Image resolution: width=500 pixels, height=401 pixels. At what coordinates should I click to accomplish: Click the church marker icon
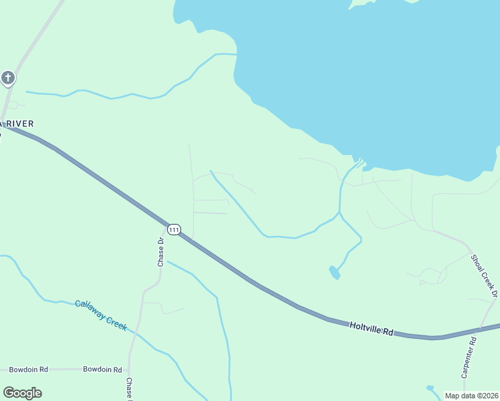pyautogui.click(x=8, y=78)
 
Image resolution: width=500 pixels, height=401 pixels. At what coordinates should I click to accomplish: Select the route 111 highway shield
pyautogui.click(x=174, y=229)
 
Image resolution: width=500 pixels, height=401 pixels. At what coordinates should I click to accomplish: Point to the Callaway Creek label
pyautogui.click(x=101, y=313)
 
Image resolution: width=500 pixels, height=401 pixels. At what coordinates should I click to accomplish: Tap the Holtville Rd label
pyautogui.click(x=371, y=327)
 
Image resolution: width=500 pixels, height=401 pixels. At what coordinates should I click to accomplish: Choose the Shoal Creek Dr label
pyautogui.click(x=484, y=275)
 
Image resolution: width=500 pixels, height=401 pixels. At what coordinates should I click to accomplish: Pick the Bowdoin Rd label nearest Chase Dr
pyautogui.click(x=102, y=369)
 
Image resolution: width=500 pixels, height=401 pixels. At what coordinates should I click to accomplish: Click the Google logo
pyautogui.click(x=22, y=393)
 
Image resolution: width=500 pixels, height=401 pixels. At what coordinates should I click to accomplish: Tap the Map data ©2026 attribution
pyautogui.click(x=471, y=396)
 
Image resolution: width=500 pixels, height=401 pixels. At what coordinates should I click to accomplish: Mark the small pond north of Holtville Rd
pyautogui.click(x=334, y=272)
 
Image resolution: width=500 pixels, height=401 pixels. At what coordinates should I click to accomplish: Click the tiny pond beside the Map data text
pyautogui.click(x=430, y=388)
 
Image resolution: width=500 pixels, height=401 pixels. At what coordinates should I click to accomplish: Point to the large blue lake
pyautogui.click(x=374, y=74)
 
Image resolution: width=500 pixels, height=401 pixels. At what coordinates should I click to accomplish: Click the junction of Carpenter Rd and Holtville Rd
pyautogui.click(x=480, y=328)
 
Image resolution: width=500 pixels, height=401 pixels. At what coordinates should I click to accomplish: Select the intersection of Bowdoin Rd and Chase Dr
pyautogui.click(x=129, y=369)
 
